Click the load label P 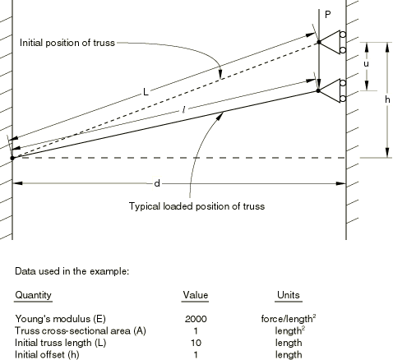pyautogui.click(x=327, y=15)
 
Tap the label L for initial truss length pyautogui.click(x=146, y=92)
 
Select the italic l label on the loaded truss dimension pyautogui.click(x=184, y=110)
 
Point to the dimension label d pyautogui.click(x=157, y=183)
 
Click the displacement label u pyautogui.click(x=366, y=64)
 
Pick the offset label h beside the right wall pyautogui.click(x=387, y=99)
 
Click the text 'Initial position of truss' pyautogui.click(x=67, y=43)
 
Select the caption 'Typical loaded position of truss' pyautogui.click(x=196, y=206)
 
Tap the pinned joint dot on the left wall pyautogui.click(x=12, y=158)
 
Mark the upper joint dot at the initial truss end pyautogui.click(x=319, y=42)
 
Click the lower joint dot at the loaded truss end pyautogui.click(x=318, y=90)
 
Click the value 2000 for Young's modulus pyautogui.click(x=196, y=319)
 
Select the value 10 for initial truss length pyautogui.click(x=196, y=343)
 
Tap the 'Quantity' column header pyautogui.click(x=33, y=295)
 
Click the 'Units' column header pyautogui.click(x=289, y=295)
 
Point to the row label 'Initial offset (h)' pyautogui.click(x=47, y=355)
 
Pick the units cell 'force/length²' pyautogui.click(x=289, y=319)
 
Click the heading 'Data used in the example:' pyautogui.click(x=72, y=271)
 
